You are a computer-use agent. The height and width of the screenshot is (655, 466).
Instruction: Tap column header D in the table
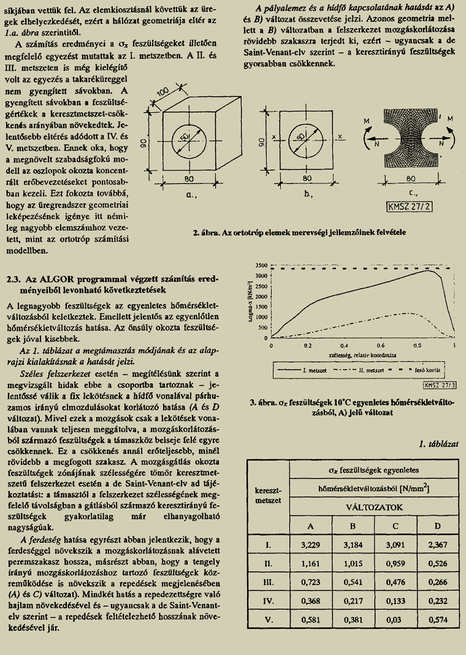point(437,526)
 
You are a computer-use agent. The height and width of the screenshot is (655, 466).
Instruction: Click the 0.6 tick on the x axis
point(381,346)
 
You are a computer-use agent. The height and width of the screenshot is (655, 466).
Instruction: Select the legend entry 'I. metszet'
point(311,371)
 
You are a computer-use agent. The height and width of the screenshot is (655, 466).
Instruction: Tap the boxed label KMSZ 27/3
point(435,385)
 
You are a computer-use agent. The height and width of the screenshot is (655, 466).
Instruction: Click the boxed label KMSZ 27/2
point(410,206)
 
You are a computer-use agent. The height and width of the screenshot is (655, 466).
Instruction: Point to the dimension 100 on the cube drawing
point(162,93)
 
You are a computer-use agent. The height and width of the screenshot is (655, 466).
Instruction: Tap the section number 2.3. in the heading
point(15,279)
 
